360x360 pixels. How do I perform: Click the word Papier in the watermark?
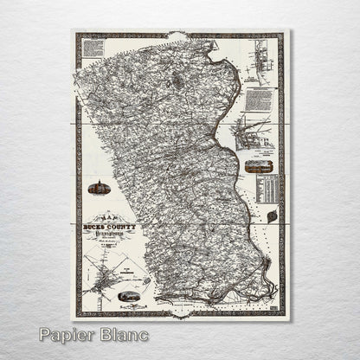tap(68, 335)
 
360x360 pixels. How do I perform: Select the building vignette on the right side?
tap(257, 164)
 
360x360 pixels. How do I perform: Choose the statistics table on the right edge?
tap(270, 188)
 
